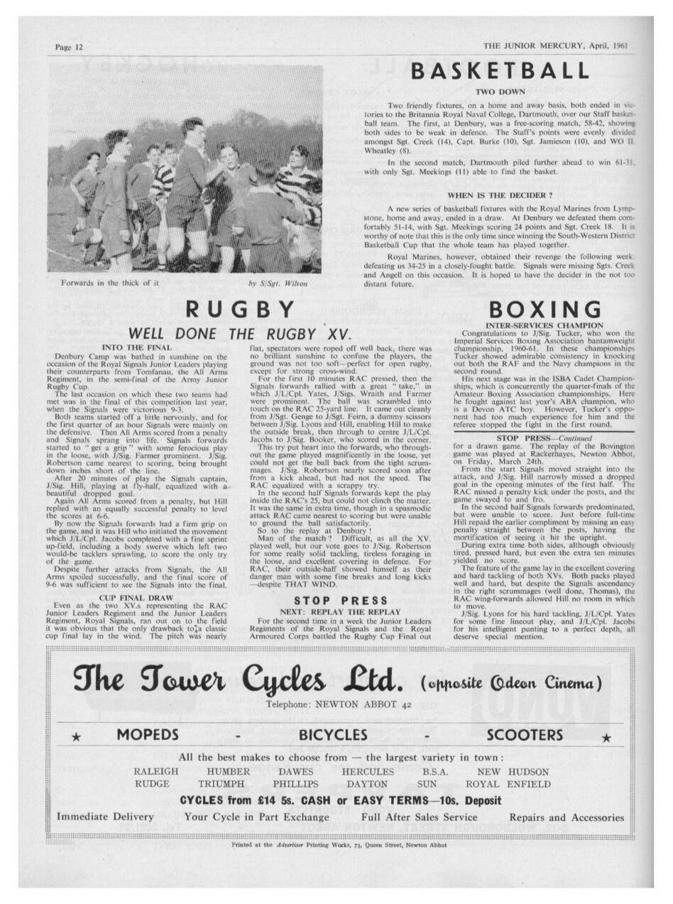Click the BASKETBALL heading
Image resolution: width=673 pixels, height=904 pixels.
(x=500, y=71)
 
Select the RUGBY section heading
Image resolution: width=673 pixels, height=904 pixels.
(x=240, y=310)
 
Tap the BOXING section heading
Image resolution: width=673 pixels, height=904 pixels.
(x=545, y=310)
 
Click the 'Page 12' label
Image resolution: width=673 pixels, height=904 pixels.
(x=70, y=47)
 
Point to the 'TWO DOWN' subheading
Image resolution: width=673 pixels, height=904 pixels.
(x=500, y=92)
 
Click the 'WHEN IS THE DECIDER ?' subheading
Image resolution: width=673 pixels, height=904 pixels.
(x=500, y=195)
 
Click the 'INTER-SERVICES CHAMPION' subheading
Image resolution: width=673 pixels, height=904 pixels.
(x=544, y=325)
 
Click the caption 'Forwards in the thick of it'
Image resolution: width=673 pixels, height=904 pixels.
(x=110, y=283)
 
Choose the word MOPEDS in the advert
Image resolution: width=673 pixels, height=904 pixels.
(x=147, y=734)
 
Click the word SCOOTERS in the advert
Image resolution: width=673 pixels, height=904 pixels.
(x=525, y=734)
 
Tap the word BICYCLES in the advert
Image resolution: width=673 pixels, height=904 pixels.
(x=333, y=734)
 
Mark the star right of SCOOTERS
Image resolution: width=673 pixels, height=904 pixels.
(x=606, y=737)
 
